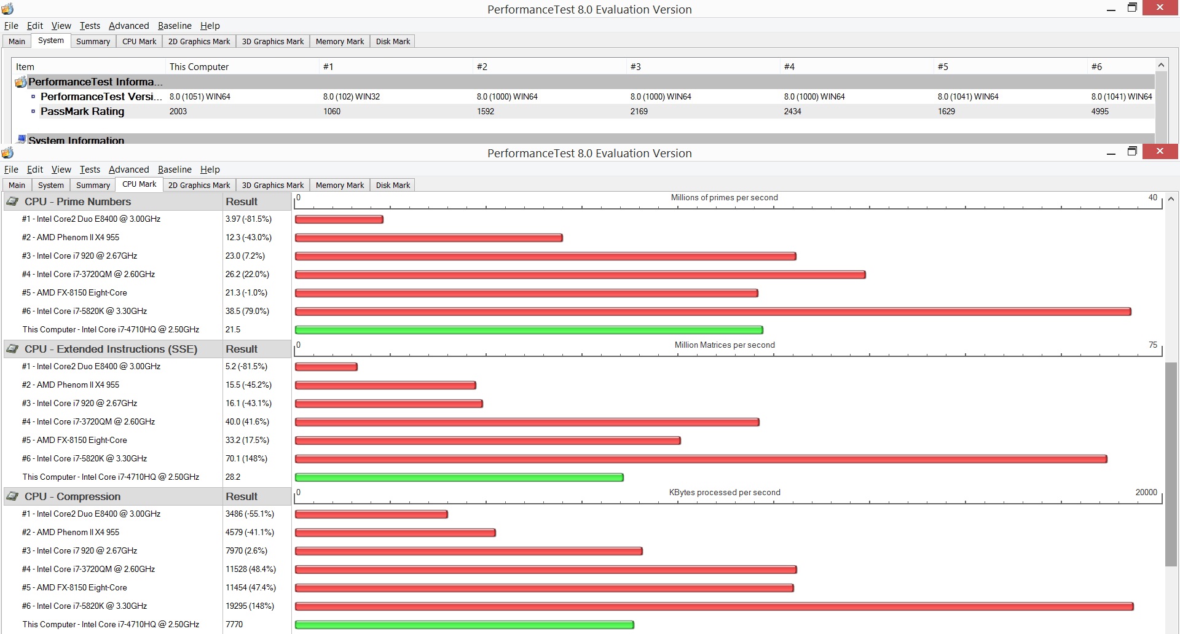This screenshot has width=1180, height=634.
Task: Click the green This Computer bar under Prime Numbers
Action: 529,330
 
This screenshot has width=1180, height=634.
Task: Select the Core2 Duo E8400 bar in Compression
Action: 371,514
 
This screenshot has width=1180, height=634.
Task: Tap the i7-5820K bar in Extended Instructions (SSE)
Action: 701,459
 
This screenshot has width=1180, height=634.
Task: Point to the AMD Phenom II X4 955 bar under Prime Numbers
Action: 429,238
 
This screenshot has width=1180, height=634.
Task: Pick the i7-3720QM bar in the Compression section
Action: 546,569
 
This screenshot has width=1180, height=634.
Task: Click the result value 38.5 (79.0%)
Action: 247,311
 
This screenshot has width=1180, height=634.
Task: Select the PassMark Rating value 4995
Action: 1100,111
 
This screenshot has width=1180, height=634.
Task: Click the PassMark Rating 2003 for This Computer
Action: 178,111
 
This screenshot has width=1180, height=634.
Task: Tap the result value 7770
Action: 234,625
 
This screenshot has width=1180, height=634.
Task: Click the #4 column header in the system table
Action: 790,67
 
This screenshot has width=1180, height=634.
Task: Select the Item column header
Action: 25,67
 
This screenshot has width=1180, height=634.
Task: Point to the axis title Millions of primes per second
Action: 725,198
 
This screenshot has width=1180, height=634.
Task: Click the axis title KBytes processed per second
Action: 725,493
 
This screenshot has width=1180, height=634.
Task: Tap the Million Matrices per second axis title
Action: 725,345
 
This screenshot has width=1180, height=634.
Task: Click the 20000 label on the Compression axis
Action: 1146,493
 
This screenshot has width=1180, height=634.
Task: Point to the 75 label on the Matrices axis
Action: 1153,345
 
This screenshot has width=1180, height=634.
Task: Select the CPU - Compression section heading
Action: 73,496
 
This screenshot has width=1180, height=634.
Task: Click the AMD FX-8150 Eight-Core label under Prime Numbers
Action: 74,293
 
